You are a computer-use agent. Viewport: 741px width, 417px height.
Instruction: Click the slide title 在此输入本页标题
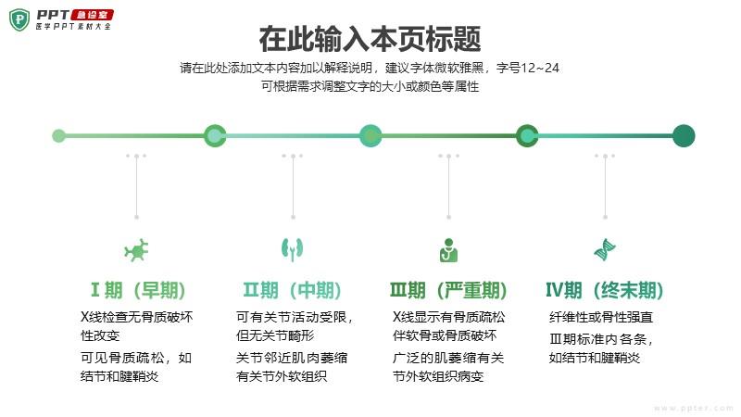370,39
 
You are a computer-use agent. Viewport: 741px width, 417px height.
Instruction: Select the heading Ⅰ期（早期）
137,290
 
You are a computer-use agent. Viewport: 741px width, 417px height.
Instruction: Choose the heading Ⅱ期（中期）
293,290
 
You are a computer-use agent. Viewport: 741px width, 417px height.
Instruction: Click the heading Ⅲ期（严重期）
448,290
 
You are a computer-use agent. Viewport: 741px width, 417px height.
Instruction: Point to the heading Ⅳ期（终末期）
605,290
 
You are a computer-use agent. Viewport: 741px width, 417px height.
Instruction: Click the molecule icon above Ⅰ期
137,249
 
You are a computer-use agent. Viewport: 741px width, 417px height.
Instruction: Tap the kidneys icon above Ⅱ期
293,249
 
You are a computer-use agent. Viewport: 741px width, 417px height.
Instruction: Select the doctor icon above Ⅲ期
448,249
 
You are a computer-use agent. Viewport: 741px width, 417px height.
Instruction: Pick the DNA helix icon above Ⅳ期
605,249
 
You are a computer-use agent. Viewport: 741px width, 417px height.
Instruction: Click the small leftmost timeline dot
58,136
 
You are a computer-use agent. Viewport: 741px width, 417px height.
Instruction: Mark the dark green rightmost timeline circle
683,136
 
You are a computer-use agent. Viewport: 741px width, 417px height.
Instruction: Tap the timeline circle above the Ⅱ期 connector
215,136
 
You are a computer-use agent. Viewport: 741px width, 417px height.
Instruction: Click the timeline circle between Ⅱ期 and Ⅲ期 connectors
370,136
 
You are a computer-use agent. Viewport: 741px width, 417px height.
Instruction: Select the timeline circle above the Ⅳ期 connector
527,136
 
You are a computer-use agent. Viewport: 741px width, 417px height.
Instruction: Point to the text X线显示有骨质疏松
449,317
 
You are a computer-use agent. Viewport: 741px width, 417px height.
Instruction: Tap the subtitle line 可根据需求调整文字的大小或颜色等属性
370,86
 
